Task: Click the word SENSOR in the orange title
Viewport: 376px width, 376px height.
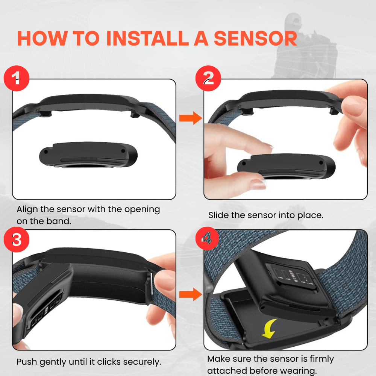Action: tap(255, 38)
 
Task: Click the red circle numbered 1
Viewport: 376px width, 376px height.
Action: tap(17, 78)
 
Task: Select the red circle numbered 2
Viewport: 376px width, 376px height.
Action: tap(208, 78)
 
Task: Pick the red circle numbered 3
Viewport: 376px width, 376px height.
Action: tap(17, 239)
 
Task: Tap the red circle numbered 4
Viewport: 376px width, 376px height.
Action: tap(207, 238)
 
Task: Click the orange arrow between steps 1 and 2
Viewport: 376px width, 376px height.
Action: tap(191, 118)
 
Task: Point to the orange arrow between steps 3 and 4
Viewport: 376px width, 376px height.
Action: tap(191, 294)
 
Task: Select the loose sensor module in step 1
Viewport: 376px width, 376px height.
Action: tap(88, 155)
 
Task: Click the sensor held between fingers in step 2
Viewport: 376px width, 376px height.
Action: tap(286, 167)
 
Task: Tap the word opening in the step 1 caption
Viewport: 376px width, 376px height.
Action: tap(142, 209)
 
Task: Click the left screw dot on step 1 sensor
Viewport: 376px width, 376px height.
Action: tap(46, 152)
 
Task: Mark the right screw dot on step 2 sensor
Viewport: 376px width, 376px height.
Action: tap(321, 163)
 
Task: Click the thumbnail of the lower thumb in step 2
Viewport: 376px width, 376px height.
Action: tap(258, 184)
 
